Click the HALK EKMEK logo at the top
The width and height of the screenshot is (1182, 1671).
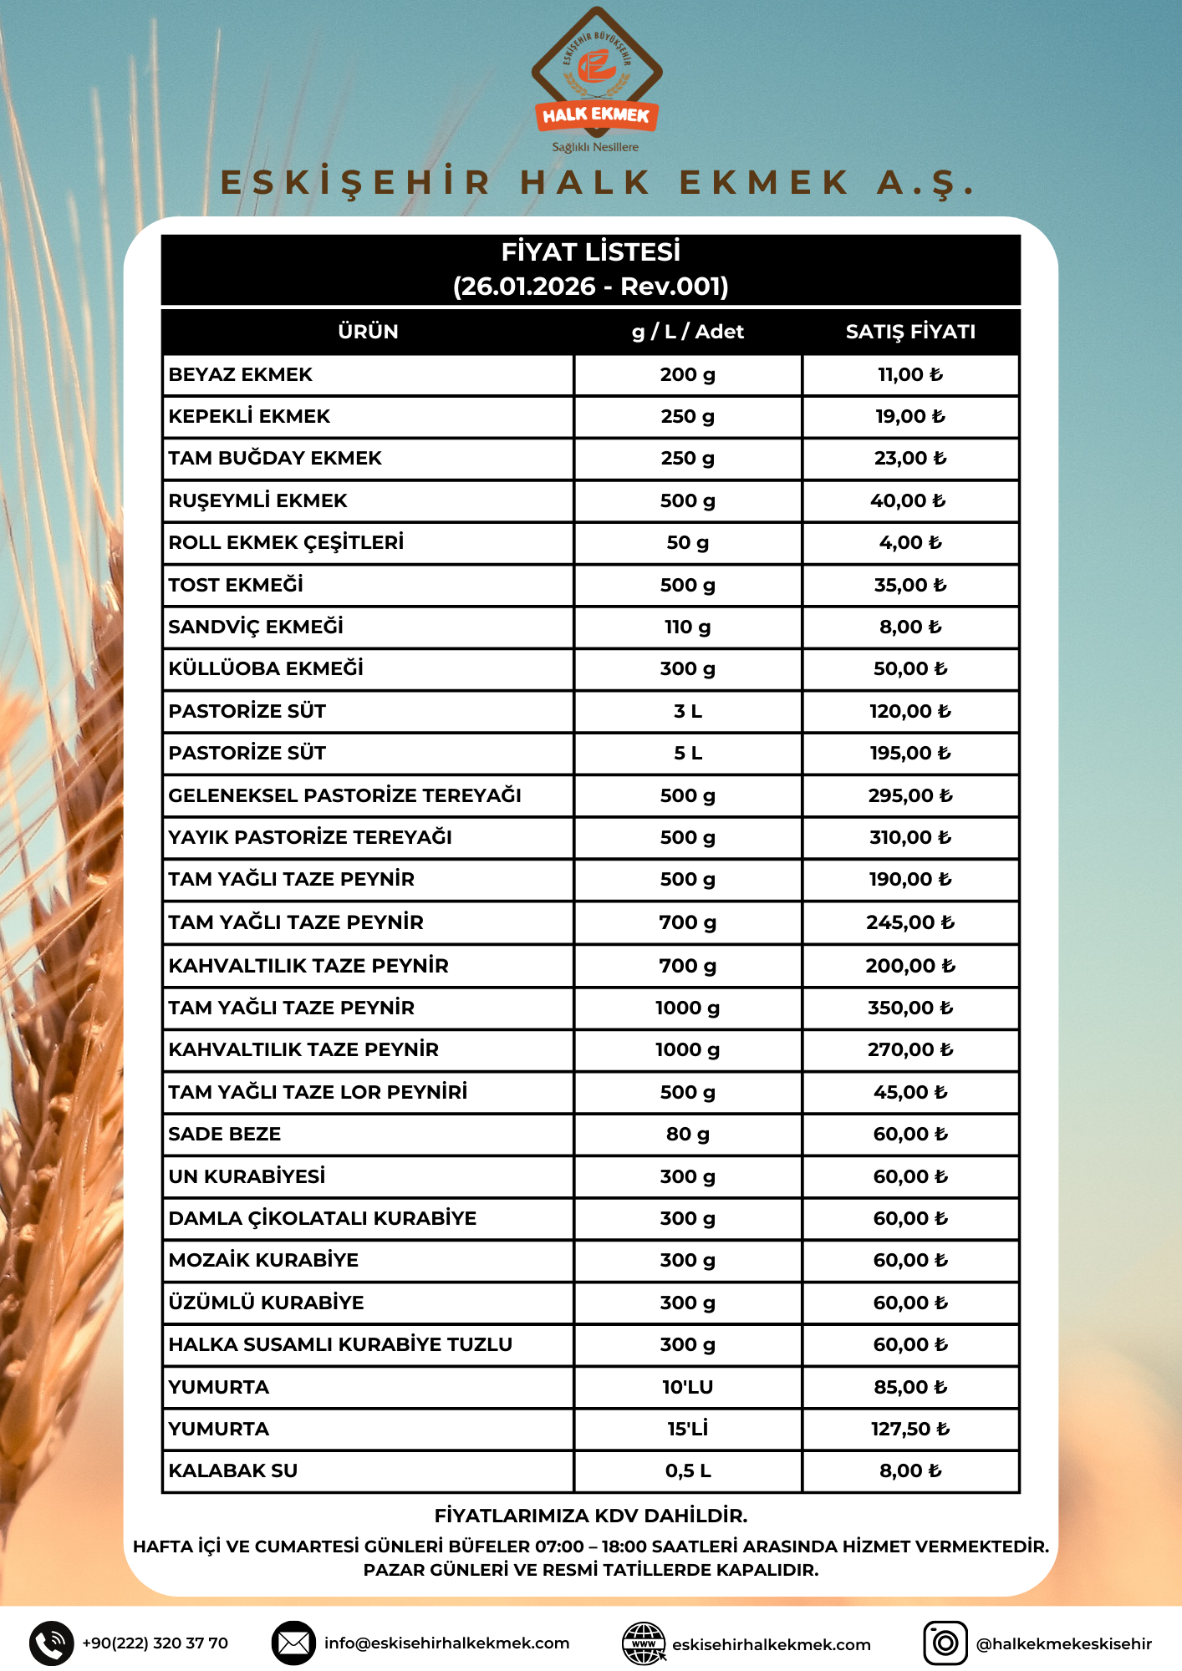click(596, 79)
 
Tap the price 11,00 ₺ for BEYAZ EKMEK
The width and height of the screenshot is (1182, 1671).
click(909, 375)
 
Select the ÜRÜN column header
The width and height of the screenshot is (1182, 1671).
click(368, 332)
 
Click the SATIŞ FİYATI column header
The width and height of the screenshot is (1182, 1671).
click(910, 332)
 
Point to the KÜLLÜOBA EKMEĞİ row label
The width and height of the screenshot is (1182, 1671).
click(266, 668)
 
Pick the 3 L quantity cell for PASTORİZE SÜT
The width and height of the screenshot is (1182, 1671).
click(687, 711)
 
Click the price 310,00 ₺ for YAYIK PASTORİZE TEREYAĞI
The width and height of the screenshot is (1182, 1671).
click(909, 837)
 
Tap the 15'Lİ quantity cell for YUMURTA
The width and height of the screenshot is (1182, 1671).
click(687, 1429)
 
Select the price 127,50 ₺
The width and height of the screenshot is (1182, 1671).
click(909, 1429)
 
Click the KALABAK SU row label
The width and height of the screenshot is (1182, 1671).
click(233, 1470)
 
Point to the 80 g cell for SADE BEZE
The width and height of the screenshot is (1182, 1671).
click(687, 1134)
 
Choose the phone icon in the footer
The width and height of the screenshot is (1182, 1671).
click(52, 1643)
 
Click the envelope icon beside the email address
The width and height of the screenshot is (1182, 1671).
click(293, 1643)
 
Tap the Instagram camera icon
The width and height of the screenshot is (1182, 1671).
click(945, 1643)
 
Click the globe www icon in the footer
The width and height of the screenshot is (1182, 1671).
click(644, 1643)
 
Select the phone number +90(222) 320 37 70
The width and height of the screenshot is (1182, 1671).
click(155, 1643)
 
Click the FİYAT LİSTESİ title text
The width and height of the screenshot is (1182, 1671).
click(590, 251)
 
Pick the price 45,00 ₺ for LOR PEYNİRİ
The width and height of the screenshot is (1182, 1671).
click(909, 1092)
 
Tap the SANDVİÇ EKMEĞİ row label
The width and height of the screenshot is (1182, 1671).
click(256, 627)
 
